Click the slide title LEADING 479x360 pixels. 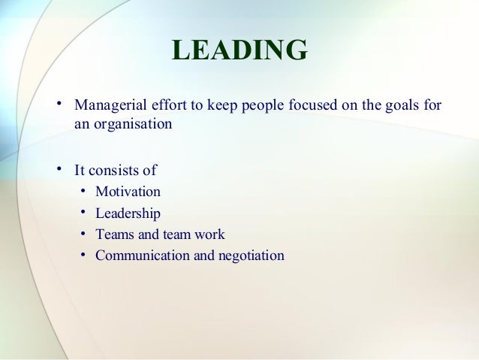239,51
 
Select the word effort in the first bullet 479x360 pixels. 162,104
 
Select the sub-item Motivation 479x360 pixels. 128,192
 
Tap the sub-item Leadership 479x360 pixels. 128,213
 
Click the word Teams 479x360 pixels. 113,234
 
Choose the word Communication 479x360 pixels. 143,256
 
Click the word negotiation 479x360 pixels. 251,256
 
